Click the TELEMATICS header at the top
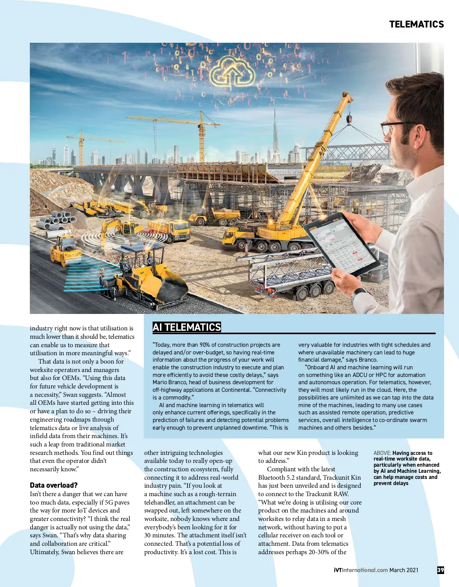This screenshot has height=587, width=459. pos(416,24)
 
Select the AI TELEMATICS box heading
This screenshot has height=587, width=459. pos(187,327)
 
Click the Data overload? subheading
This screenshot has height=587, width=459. pos(54,485)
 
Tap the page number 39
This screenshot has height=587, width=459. pos(440,570)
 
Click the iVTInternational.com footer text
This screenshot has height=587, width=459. pos(361,570)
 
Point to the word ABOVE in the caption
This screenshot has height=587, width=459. pos(382,453)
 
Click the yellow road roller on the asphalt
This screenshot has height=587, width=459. pos(65,251)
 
